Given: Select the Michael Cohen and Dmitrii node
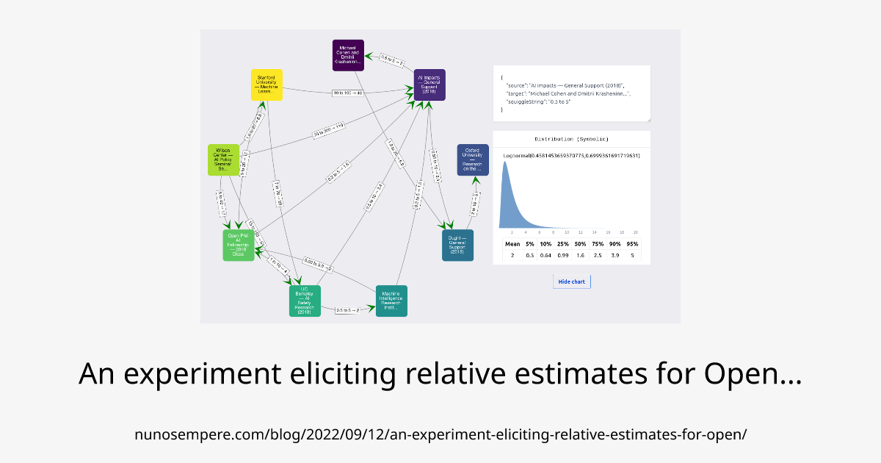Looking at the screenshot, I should click(348, 55).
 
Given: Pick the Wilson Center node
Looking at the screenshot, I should click(223, 159).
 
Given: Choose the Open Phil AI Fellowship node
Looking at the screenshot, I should click(239, 245).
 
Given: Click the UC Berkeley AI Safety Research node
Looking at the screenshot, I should click(305, 301).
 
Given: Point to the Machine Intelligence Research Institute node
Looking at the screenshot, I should click(391, 301).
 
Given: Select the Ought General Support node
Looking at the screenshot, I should click(457, 245).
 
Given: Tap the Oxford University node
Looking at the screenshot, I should click(473, 159).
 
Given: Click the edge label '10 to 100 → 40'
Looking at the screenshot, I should click(348, 93).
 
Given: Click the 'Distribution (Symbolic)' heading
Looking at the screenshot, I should click(571, 139).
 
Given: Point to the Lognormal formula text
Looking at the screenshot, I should click(572, 156).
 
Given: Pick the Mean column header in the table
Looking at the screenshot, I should click(512, 243).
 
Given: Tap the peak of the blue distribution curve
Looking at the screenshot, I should click(504, 162).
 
